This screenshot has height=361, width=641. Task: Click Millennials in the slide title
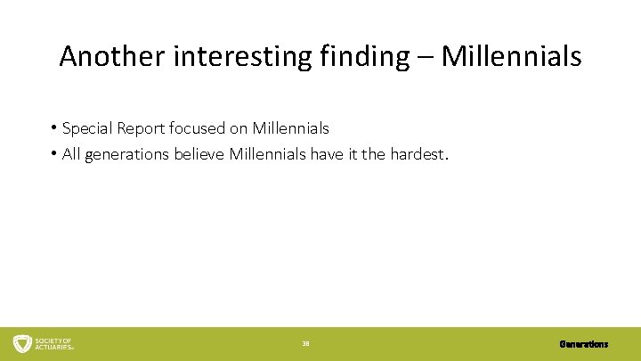511,57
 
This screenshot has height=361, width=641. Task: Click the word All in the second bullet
71,155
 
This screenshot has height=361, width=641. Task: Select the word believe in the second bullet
199,155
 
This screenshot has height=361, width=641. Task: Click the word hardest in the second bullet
420,155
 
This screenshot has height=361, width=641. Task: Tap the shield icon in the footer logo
22,343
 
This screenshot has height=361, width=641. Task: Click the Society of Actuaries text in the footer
54,343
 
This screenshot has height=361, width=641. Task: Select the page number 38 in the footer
305,343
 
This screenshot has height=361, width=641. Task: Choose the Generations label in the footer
584,343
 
